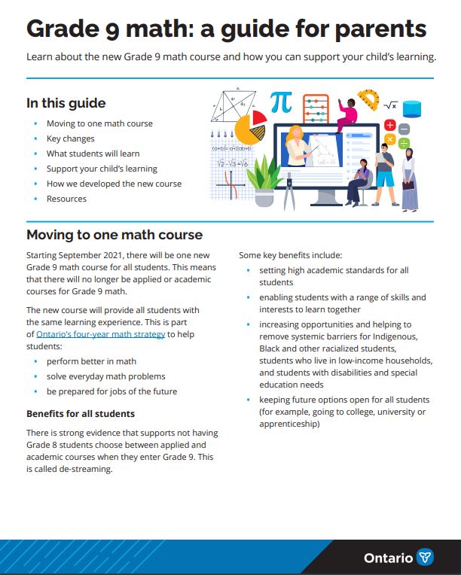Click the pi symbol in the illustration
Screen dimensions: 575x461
[280, 102]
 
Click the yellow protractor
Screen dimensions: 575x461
[369, 100]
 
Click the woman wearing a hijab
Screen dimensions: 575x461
[408, 179]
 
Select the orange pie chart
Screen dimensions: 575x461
[250, 129]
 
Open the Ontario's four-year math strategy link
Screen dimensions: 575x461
[111, 333]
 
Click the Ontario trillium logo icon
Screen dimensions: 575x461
[426, 558]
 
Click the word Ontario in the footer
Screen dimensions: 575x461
[388, 558]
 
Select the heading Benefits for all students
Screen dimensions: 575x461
[81, 413]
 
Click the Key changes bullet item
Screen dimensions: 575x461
[71, 138]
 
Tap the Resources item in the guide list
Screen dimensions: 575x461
[66, 199]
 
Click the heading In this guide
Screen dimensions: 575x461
[66, 103]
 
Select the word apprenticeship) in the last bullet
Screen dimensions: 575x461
[289, 424]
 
